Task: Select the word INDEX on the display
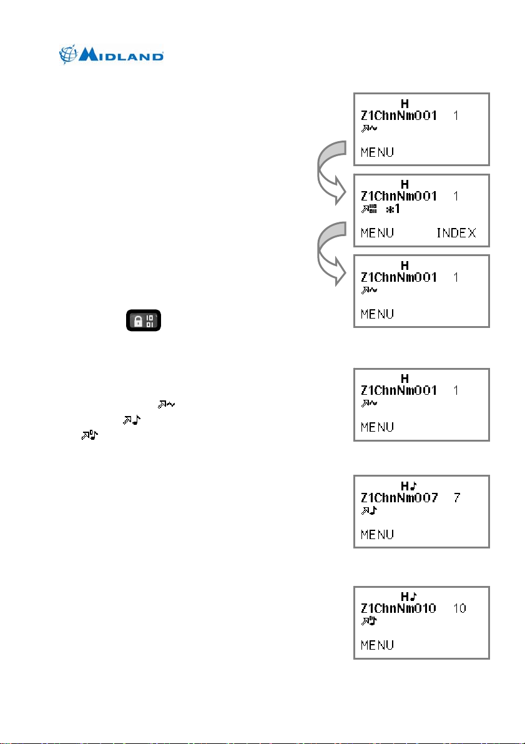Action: click(x=455, y=233)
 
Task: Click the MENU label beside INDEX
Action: click(x=378, y=233)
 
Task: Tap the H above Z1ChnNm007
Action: click(x=405, y=485)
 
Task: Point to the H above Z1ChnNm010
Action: click(x=405, y=597)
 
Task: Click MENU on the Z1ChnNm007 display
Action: click(x=378, y=534)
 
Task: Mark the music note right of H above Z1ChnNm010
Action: click(x=414, y=597)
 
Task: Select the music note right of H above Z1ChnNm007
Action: click(x=414, y=485)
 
